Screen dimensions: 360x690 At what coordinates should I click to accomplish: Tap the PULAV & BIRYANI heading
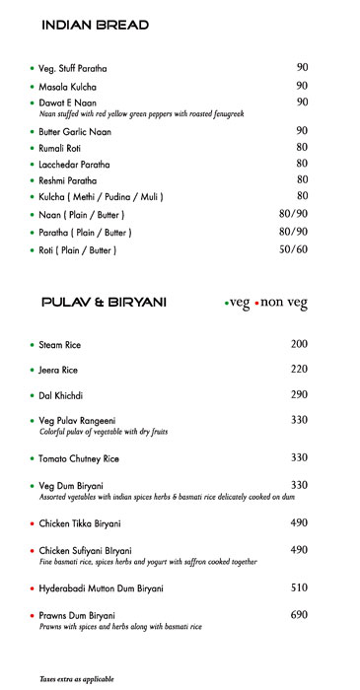click(x=104, y=303)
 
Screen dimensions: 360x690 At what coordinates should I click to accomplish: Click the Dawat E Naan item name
click(x=68, y=103)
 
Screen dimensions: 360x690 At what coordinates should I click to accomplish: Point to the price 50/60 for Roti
click(x=294, y=249)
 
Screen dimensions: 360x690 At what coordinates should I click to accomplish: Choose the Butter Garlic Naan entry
click(x=75, y=131)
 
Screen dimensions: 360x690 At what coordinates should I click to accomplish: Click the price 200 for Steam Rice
click(x=299, y=344)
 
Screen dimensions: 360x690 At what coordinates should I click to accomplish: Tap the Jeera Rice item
click(x=58, y=370)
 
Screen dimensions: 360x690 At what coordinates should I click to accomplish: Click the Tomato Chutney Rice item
click(x=79, y=458)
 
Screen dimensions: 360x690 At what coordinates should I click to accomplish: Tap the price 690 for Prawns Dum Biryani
click(x=299, y=614)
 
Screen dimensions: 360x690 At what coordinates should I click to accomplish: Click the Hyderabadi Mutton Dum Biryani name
click(x=101, y=588)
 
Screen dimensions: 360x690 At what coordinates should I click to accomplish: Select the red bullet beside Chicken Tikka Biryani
click(x=31, y=523)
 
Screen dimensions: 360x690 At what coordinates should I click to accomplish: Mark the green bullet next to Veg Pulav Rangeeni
click(x=31, y=421)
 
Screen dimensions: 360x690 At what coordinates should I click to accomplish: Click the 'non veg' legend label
click(x=284, y=304)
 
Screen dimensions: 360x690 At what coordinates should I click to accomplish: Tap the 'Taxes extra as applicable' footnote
click(x=77, y=679)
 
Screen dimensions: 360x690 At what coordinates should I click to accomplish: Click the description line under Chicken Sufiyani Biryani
click(x=148, y=562)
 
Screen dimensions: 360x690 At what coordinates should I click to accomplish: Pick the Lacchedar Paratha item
click(x=74, y=165)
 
